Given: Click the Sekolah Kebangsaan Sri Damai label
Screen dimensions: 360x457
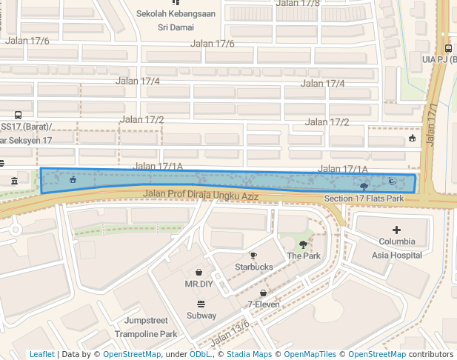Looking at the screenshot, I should (176, 20).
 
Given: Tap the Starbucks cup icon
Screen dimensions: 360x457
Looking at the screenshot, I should (254, 256).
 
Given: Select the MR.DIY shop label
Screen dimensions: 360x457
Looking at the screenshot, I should (199, 284).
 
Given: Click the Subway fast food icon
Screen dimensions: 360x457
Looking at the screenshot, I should (201, 304).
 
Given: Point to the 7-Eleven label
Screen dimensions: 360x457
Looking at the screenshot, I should (263, 304).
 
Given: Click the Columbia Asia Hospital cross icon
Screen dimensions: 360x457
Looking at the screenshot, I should (396, 230).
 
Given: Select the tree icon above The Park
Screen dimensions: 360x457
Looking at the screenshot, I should (303, 244).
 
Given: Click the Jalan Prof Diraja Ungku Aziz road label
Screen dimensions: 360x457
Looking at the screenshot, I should (200, 195).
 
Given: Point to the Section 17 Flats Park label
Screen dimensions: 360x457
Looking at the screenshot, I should (364, 199).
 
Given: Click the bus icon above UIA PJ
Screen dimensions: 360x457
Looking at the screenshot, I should (449, 48).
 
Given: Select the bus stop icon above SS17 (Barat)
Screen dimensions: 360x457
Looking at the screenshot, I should (18, 116).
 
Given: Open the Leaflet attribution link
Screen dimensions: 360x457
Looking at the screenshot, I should (41, 355).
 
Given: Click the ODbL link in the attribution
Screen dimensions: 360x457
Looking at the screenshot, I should (200, 355).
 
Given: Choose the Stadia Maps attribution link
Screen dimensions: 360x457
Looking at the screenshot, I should (249, 355).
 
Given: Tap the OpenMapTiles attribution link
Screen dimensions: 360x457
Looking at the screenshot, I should (309, 355).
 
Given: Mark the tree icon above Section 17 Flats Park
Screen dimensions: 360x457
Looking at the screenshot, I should (364, 187).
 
